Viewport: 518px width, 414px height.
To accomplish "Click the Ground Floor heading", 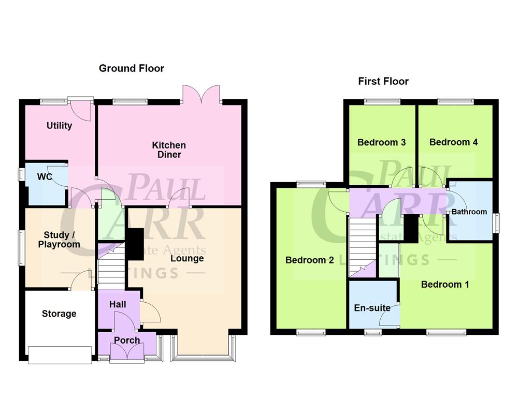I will tap(132, 68).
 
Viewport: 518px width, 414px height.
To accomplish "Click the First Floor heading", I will tap(383, 81).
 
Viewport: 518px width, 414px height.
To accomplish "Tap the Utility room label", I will tap(59, 126).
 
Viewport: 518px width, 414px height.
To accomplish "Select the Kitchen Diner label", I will tap(169, 150).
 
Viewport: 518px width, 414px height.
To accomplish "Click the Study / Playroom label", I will tap(59, 239).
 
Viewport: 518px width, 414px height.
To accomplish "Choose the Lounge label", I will tap(187, 258).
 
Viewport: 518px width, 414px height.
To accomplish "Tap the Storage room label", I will tap(59, 314).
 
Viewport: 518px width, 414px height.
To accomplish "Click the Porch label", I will tap(127, 340).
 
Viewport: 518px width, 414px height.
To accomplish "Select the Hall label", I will tap(118, 305).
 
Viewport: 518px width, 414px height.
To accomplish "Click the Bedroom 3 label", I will tap(381, 142).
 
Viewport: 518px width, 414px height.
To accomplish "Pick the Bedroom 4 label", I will tap(453, 142).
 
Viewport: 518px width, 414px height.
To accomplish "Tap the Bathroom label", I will tap(469, 212).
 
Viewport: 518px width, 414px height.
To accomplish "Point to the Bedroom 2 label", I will tap(309, 260).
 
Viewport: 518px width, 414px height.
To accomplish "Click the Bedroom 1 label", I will tap(445, 284).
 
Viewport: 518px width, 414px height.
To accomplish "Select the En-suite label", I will tap(372, 308).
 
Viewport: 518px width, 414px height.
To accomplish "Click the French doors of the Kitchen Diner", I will tap(203, 95).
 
